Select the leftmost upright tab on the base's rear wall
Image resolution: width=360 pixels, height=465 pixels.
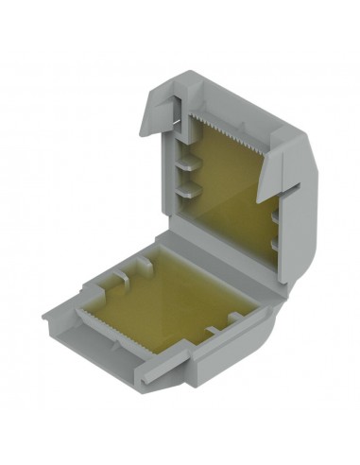point(123,280)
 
